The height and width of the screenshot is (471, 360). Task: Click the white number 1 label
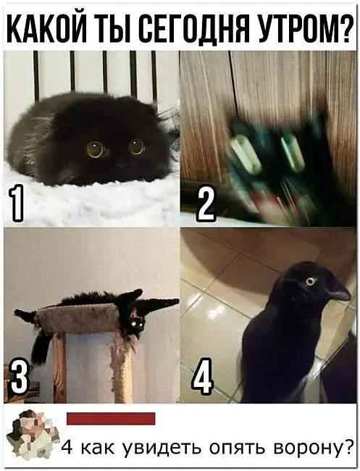[x=16, y=204]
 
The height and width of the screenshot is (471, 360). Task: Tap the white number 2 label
[x=206, y=204]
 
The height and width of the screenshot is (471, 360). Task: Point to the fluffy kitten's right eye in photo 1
[x=137, y=146]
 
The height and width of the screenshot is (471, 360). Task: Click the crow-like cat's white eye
[x=311, y=281]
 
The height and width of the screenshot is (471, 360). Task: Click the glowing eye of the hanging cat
[x=138, y=324]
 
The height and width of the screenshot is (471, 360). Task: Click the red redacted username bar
[x=111, y=418]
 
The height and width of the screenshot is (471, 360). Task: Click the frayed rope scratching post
[x=122, y=367]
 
